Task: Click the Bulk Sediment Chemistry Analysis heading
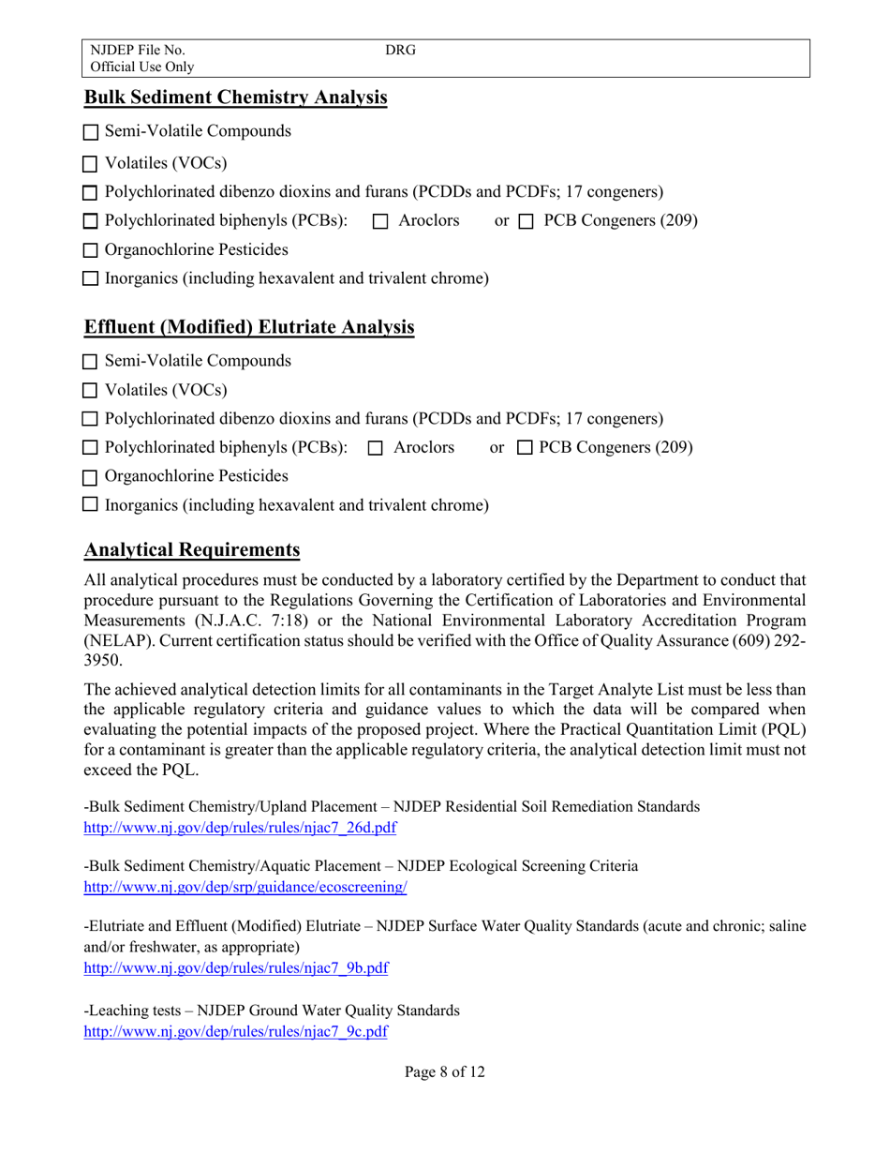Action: [235, 97]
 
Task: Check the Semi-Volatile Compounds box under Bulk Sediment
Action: [91, 133]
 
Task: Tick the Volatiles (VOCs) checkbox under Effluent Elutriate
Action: [91, 391]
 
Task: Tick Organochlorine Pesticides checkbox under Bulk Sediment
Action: [91, 251]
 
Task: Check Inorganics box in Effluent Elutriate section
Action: [91, 506]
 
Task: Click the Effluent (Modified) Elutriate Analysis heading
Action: [249, 327]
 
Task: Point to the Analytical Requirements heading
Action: [192, 549]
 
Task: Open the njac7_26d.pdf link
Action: [241, 828]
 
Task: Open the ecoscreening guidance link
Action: [245, 886]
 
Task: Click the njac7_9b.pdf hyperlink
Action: [236, 968]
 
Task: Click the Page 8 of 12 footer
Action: [445, 1072]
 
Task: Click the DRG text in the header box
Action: [400, 50]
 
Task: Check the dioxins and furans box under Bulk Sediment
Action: [91, 193]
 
